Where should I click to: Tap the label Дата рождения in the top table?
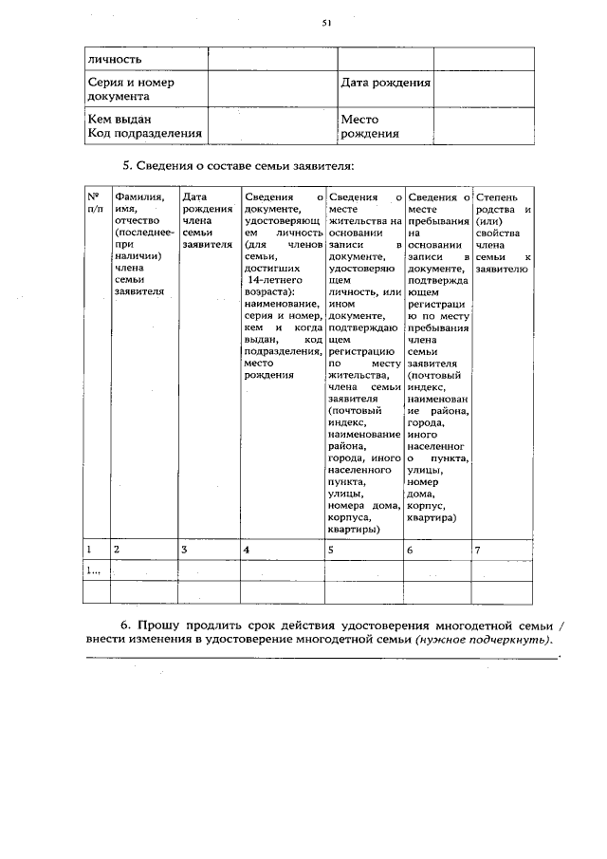[385, 83]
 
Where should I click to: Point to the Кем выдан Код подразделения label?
[144, 126]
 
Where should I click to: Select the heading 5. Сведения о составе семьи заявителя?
[238, 166]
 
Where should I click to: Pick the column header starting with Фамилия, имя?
[139, 244]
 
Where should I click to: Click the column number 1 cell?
[89, 550]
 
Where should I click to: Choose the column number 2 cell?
[117, 550]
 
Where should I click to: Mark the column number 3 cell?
[184, 550]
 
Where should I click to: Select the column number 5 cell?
[331, 550]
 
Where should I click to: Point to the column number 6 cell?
[410, 550]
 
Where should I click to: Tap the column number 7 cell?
[478, 550]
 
